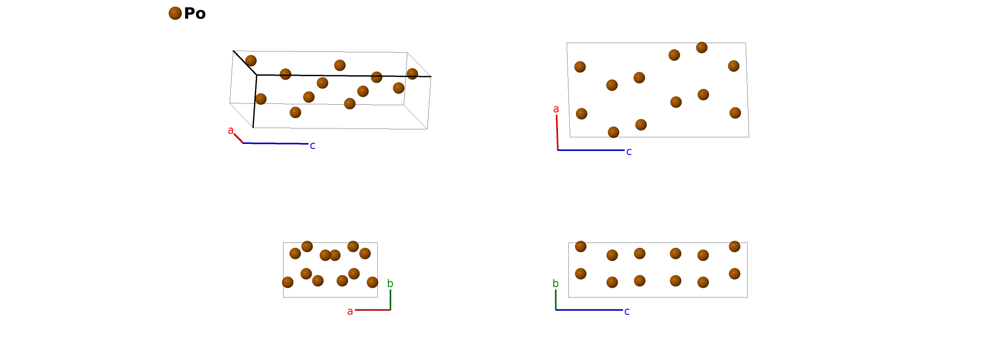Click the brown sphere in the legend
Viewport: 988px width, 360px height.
pos(175,13)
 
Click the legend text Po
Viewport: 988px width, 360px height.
pos(195,14)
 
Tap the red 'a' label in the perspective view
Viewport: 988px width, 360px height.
pos(230,130)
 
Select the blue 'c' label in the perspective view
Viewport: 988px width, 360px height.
pos(313,146)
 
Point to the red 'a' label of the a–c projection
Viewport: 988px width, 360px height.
pos(556,109)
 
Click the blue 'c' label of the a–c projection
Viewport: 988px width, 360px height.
pos(629,152)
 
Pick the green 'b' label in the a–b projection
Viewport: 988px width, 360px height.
pos(390,284)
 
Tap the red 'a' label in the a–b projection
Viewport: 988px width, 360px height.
pos(350,312)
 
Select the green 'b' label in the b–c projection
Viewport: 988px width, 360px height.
pos(556,284)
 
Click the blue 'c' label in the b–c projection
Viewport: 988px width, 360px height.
pos(627,312)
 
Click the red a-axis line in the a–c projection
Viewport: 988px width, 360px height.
pos(557,132)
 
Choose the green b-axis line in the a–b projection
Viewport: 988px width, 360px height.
pos(390,299)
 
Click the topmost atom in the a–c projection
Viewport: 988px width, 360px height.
pos(702,48)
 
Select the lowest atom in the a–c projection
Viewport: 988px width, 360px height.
pos(613,132)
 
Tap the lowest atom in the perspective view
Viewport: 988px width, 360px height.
pos(295,113)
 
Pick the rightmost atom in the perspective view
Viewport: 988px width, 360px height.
pos(412,74)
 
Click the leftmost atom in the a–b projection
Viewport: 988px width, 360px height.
pos(288,282)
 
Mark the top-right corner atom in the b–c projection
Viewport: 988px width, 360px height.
pos(734,246)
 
